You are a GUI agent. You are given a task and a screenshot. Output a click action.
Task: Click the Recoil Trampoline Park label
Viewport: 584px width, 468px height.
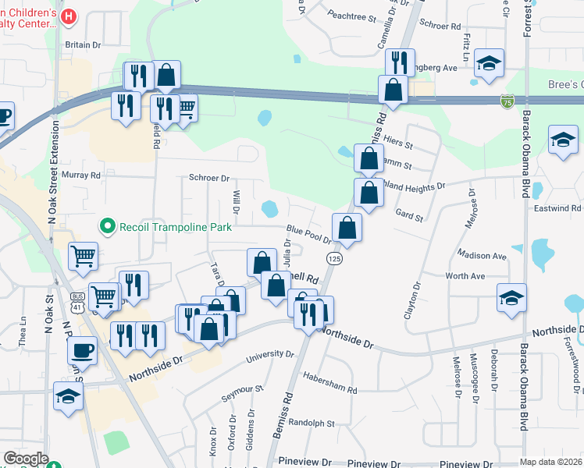[176, 227]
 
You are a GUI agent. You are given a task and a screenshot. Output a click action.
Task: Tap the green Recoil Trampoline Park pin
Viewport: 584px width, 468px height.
[108, 227]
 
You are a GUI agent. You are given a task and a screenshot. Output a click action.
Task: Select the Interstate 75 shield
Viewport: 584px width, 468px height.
[507, 101]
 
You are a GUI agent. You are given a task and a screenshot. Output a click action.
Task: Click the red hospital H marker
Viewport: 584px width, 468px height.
[69, 16]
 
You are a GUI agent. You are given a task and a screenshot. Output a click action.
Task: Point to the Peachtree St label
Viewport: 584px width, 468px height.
[352, 15]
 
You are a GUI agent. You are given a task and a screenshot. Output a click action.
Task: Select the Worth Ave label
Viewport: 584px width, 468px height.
[465, 276]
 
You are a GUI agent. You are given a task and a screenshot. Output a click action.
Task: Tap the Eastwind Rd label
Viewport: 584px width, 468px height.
[558, 208]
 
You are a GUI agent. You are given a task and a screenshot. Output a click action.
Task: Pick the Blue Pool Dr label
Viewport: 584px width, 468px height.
[310, 233]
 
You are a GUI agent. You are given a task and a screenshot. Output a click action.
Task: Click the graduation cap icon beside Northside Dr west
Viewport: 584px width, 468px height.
[68, 396]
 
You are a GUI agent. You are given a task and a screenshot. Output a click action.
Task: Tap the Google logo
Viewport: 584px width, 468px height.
[26, 459]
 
